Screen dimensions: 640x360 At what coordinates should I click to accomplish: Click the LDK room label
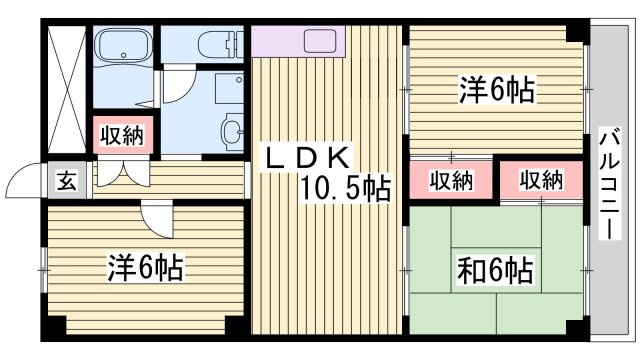(307, 157)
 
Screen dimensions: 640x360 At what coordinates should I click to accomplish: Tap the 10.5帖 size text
(345, 188)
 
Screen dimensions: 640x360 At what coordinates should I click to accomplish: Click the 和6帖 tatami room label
(495, 270)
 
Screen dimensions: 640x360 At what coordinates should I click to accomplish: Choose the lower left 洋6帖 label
(145, 267)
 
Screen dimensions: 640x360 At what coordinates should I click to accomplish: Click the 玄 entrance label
(67, 181)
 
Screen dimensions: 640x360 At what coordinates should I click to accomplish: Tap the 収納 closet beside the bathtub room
(123, 135)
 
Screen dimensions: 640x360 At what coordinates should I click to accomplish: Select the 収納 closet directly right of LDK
(451, 180)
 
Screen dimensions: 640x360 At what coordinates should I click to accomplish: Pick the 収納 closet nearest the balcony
(541, 180)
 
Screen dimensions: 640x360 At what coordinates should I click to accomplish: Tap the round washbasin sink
(233, 132)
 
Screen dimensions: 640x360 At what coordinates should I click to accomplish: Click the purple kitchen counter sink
(320, 41)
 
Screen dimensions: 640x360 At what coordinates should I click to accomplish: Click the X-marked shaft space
(67, 89)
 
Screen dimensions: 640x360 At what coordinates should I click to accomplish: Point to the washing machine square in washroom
(229, 88)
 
